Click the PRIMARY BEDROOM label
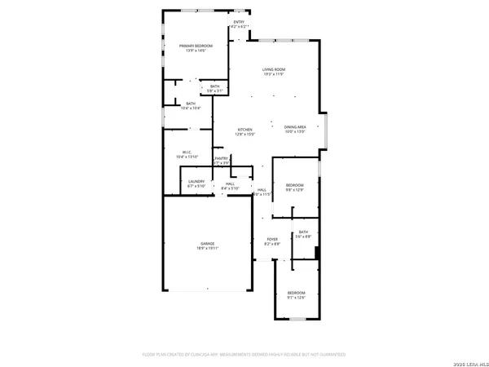click(x=196, y=46)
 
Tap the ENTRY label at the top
click(x=239, y=22)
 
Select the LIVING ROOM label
click(x=273, y=69)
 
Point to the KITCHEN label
click(x=244, y=130)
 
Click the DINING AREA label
click(x=295, y=127)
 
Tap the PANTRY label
click(x=221, y=159)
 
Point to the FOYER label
click(x=272, y=239)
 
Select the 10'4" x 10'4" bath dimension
click(x=191, y=108)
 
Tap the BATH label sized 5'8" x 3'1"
click(x=215, y=86)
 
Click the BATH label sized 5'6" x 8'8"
click(x=303, y=232)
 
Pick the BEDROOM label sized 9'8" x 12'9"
click(x=294, y=185)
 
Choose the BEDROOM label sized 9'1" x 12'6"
click(x=296, y=292)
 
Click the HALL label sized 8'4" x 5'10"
click(x=231, y=183)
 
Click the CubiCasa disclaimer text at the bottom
click(x=244, y=355)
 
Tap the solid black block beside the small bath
click(x=316, y=251)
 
